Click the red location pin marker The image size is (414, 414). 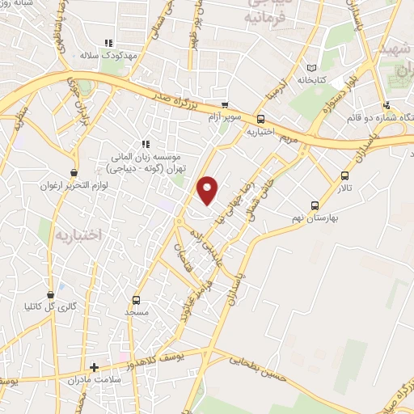[x=208, y=189]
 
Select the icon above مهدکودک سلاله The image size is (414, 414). [x=107, y=44]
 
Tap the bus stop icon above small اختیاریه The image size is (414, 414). [x=260, y=119]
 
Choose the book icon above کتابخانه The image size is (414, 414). [x=311, y=68]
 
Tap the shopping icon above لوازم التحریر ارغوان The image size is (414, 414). [x=74, y=172]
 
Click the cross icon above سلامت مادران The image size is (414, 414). [x=95, y=366]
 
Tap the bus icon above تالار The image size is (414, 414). [x=345, y=175]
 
